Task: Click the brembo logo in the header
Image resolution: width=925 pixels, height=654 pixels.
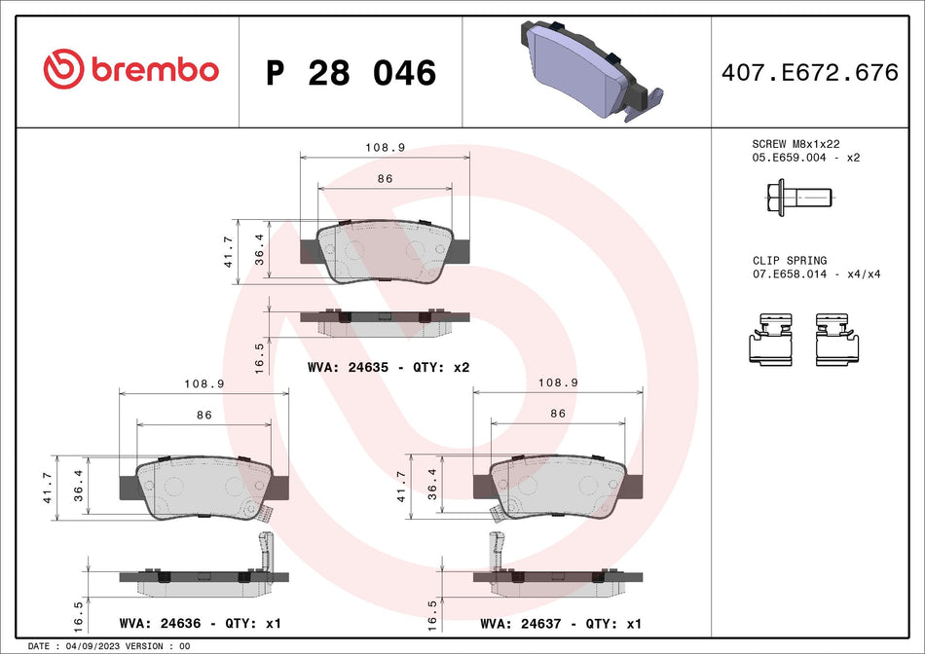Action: [130, 70]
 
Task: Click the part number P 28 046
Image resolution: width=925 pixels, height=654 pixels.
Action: [351, 73]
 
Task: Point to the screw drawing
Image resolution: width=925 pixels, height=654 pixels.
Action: [795, 200]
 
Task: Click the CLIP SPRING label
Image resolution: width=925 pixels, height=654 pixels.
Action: [789, 261]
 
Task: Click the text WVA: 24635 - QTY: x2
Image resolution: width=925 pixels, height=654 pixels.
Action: [388, 368]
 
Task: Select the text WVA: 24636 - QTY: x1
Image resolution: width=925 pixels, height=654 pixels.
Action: [199, 623]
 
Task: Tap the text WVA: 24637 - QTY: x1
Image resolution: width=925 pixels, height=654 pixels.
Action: [561, 623]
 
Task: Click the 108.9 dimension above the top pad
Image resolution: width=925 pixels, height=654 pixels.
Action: [385, 148]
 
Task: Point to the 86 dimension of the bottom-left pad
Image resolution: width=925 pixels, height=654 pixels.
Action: [203, 416]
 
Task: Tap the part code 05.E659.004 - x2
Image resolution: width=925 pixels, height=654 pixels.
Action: [806, 157]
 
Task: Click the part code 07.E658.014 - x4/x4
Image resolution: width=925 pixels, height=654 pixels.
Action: [816, 274]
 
